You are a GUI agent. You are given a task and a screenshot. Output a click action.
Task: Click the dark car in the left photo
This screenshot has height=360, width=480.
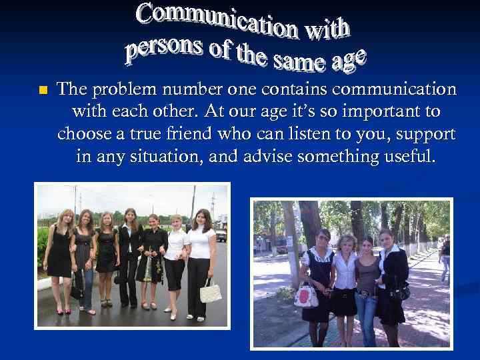click(x=221, y=235)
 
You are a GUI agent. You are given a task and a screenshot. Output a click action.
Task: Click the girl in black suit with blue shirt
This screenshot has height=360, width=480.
click(x=129, y=260)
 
